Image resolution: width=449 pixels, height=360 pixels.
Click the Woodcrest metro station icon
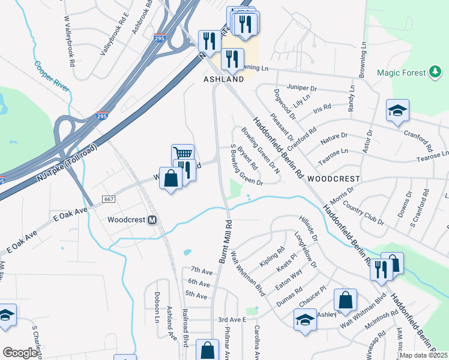152,220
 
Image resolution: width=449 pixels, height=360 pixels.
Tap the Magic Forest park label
401,73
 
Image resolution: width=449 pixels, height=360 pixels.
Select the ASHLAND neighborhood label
223,79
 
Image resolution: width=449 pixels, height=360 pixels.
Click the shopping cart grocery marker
182,154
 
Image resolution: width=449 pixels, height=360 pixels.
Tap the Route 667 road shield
108,199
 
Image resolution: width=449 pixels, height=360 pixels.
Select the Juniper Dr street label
301,86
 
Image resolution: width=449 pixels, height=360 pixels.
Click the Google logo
20,353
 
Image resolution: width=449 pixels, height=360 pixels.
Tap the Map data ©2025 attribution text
423,355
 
